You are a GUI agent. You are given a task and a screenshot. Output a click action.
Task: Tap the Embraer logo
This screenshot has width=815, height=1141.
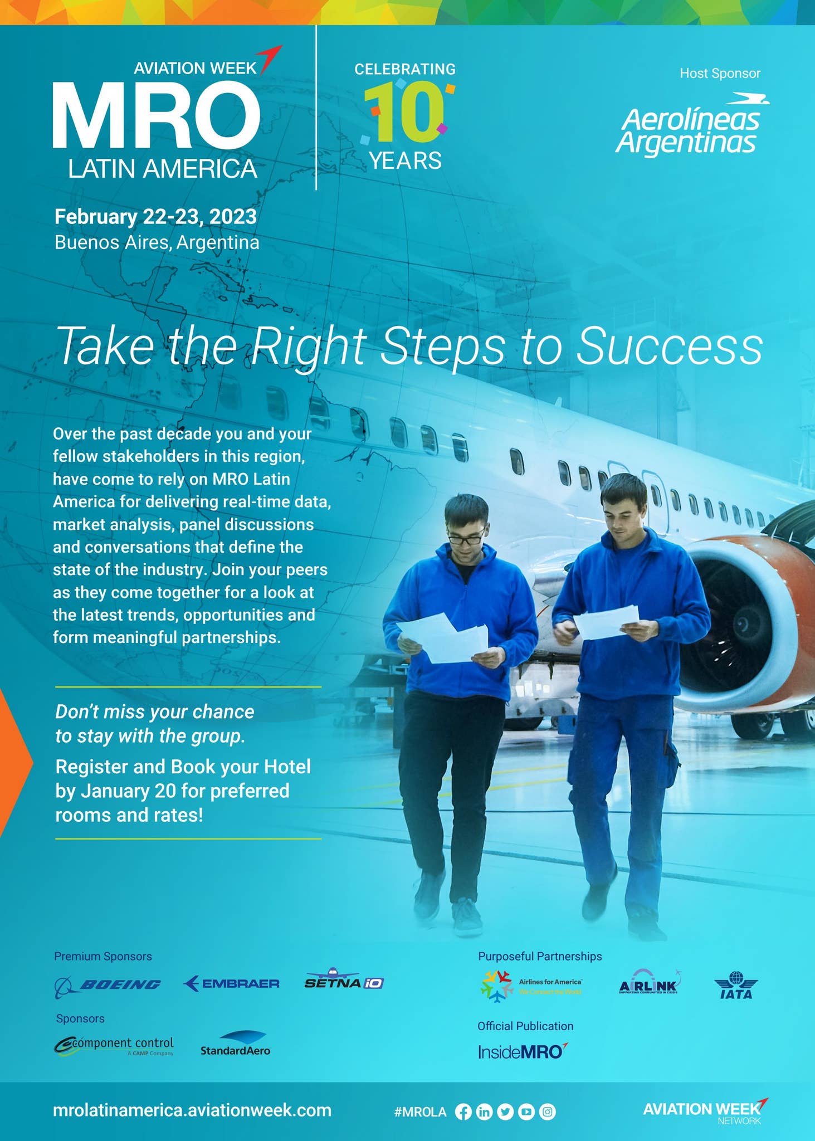231,983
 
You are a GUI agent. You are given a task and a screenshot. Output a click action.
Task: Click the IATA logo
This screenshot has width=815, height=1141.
736,985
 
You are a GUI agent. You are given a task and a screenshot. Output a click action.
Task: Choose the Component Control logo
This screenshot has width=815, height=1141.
114,1046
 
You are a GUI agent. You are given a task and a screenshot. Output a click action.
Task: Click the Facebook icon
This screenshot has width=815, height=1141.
463,1112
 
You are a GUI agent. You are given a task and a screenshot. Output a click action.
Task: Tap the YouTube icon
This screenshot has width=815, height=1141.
526,1112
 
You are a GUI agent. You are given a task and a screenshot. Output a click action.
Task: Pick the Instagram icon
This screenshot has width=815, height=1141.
547,1112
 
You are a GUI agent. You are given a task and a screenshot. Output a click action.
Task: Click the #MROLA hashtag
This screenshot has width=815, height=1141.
420,1112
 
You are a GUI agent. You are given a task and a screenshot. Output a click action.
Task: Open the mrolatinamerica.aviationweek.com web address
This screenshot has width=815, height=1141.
192,1110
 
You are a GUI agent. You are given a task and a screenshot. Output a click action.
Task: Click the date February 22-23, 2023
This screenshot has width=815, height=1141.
155,216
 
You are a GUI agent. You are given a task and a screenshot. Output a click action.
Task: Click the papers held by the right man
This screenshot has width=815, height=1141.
606,621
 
